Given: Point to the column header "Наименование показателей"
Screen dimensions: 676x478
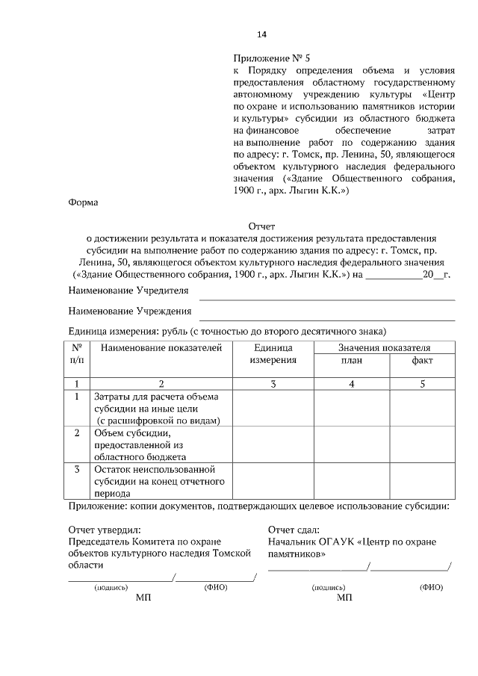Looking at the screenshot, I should click(161, 348).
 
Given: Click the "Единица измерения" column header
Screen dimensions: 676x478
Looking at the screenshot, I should click(273, 354).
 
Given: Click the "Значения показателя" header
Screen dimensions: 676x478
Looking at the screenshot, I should click(384, 348).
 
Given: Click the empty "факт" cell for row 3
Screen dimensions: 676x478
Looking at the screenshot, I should click(422, 482).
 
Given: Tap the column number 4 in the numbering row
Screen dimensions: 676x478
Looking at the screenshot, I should click(352, 384).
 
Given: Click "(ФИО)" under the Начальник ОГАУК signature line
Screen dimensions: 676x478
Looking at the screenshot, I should click(431, 588).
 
